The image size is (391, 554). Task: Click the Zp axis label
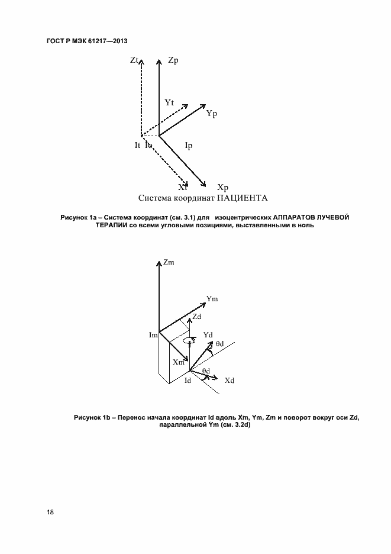coord(173,60)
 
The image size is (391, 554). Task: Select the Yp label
coord(212,113)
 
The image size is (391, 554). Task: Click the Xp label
coord(223,187)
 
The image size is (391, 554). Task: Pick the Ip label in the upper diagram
coord(189,145)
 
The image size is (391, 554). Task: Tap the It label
coord(137,145)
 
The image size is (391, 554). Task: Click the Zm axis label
coord(169,262)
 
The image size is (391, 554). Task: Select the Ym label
coord(212,299)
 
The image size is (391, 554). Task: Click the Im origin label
coord(153,336)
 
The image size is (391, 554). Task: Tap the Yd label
coord(208,335)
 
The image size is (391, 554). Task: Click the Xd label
coord(230,380)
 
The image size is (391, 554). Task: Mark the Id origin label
coord(188,380)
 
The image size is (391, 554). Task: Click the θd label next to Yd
coord(219,343)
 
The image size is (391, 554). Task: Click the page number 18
coord(50,512)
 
